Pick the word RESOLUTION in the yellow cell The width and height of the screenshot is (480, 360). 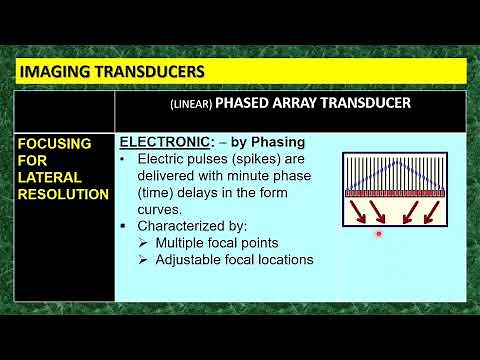[63, 194]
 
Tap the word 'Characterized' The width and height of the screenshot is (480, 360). [181, 226]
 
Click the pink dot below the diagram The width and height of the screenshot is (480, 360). [379, 233]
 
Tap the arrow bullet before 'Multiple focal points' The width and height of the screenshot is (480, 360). [144, 243]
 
